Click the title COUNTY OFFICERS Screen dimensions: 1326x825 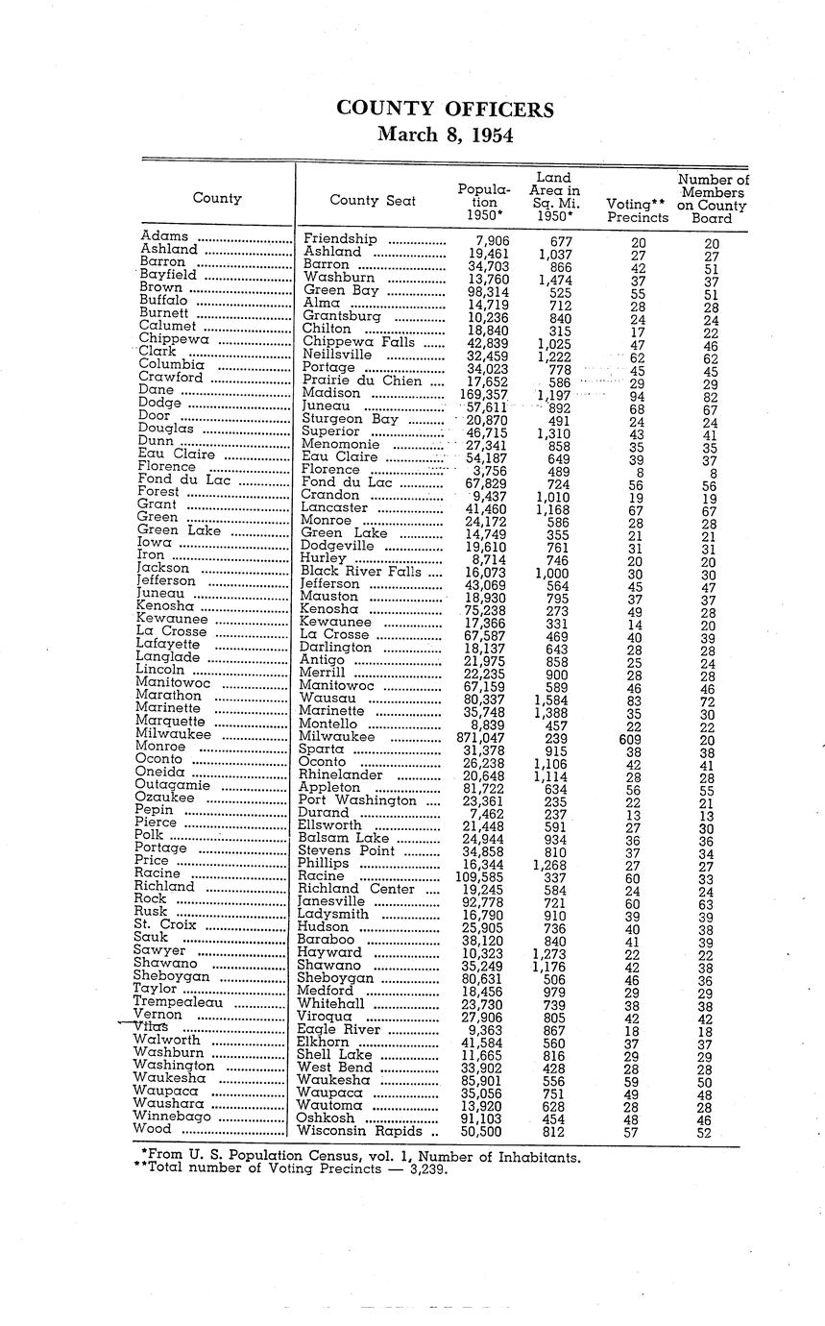click(x=445, y=110)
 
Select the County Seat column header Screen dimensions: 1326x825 click(x=373, y=200)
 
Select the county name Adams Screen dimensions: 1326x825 click(x=164, y=235)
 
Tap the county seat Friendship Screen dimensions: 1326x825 click(x=340, y=239)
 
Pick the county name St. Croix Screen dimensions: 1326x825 click(x=167, y=925)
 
